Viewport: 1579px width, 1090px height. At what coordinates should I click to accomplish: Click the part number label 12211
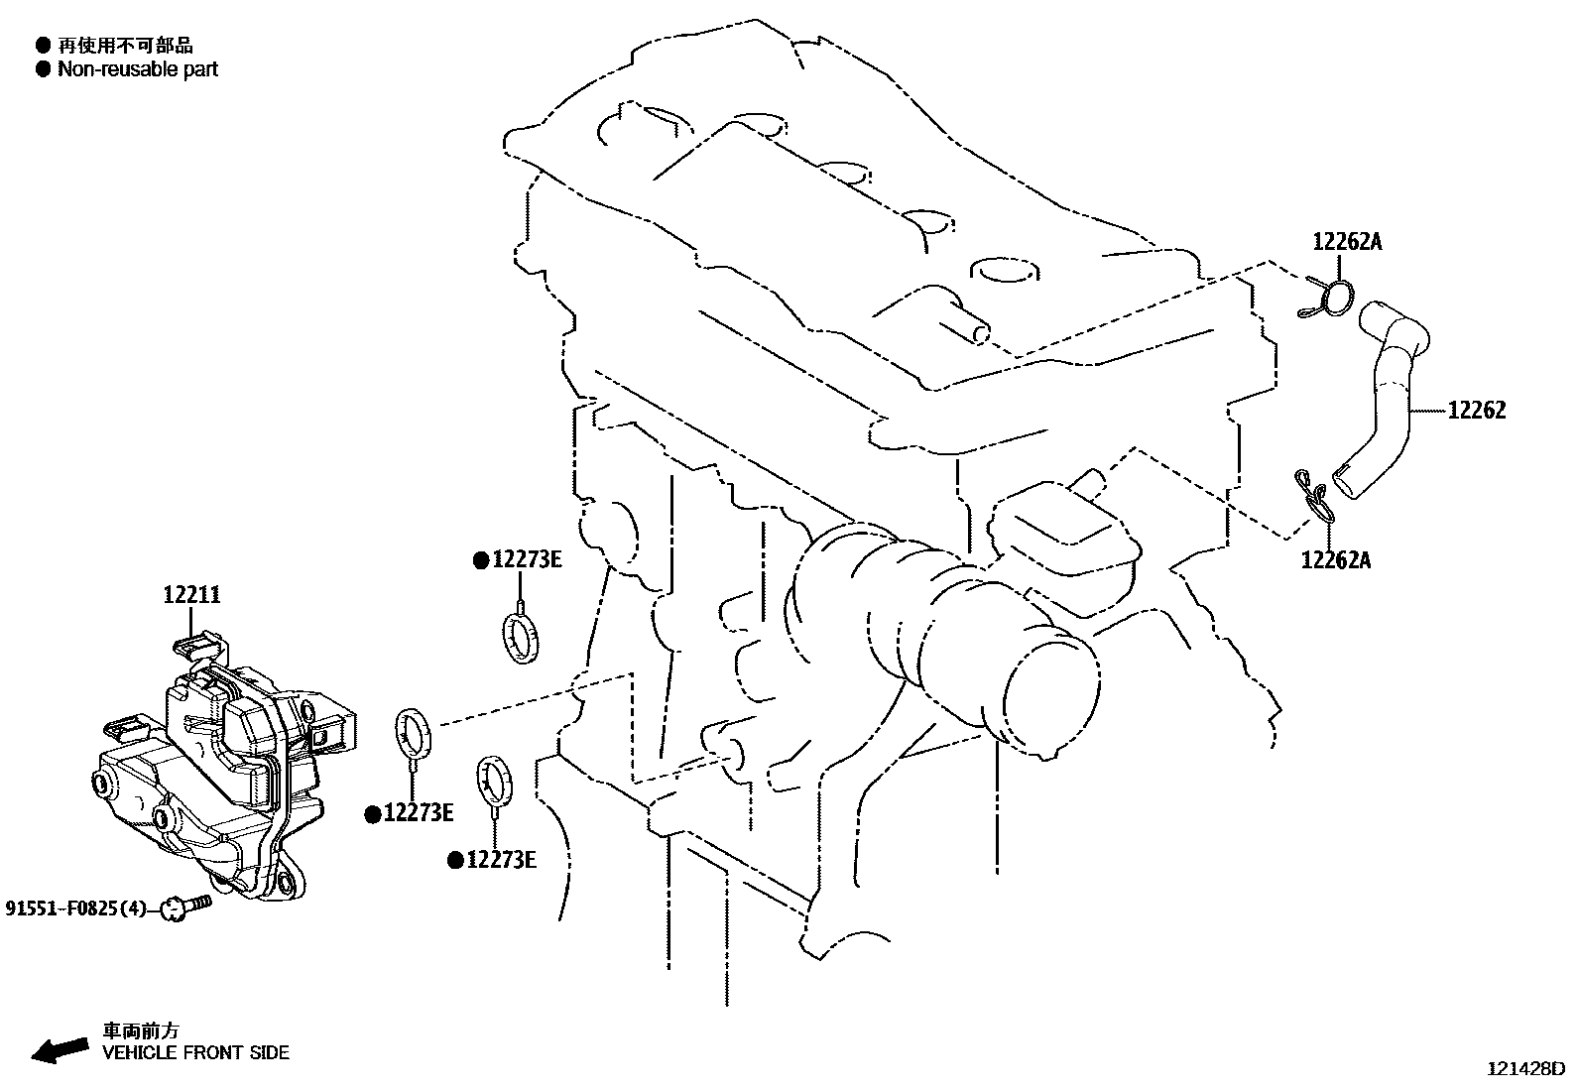pyautogui.click(x=191, y=595)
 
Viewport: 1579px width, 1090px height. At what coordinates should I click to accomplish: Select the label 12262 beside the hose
pyautogui.click(x=1477, y=411)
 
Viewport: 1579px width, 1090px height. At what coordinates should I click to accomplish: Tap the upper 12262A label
pyautogui.click(x=1347, y=242)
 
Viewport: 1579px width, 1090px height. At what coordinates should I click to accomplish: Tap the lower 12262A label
pyautogui.click(x=1336, y=560)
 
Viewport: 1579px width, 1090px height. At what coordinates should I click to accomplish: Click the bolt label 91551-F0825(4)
pyautogui.click(x=75, y=908)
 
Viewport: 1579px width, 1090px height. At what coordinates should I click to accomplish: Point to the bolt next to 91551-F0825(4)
pyautogui.click(x=186, y=907)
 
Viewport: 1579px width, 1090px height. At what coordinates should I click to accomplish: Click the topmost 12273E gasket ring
pyautogui.click(x=522, y=639)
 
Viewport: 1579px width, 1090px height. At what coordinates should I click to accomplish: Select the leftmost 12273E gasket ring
pyautogui.click(x=413, y=733)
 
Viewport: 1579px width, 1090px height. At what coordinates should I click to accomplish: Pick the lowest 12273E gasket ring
pyautogui.click(x=495, y=781)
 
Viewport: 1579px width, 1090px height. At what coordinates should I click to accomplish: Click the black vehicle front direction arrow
pyautogui.click(x=60, y=1050)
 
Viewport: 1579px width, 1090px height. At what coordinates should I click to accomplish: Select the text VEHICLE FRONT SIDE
pyautogui.click(x=196, y=1052)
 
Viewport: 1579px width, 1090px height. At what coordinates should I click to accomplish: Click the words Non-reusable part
pyautogui.click(x=138, y=69)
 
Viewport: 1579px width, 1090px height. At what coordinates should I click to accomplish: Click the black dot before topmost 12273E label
pyautogui.click(x=481, y=561)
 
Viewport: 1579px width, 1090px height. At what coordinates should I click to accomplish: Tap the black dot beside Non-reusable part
pyautogui.click(x=44, y=69)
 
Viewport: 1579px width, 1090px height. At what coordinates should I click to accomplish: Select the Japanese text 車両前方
pyautogui.click(x=141, y=1030)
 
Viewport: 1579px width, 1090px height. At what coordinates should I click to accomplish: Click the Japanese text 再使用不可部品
pyautogui.click(x=126, y=46)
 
